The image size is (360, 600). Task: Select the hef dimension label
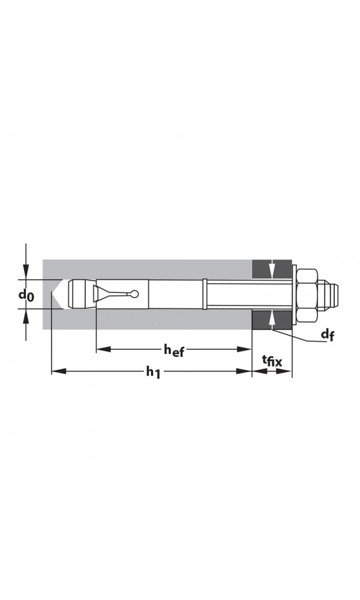[x=174, y=350]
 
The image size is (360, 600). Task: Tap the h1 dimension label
[x=154, y=372]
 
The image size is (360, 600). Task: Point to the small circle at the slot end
[x=135, y=294]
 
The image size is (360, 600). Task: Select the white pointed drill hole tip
[x=56, y=294]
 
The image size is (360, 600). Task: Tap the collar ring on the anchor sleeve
[x=205, y=294]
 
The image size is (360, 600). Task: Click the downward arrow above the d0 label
[x=26, y=273]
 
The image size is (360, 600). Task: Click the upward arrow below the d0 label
[x=26, y=316]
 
